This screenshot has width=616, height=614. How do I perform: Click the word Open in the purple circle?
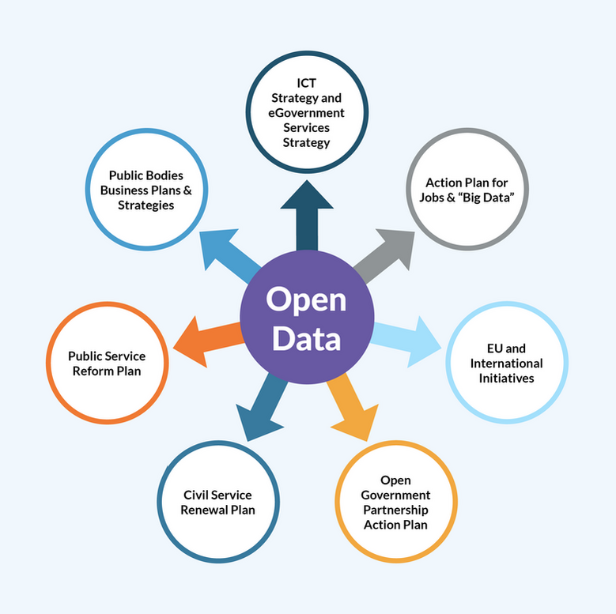306,300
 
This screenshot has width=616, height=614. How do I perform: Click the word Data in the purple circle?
306,337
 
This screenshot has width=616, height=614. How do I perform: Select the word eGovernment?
307,113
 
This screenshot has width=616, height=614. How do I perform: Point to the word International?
507,364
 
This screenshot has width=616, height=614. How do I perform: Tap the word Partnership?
395,510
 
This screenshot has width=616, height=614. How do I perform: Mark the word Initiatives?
507,379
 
